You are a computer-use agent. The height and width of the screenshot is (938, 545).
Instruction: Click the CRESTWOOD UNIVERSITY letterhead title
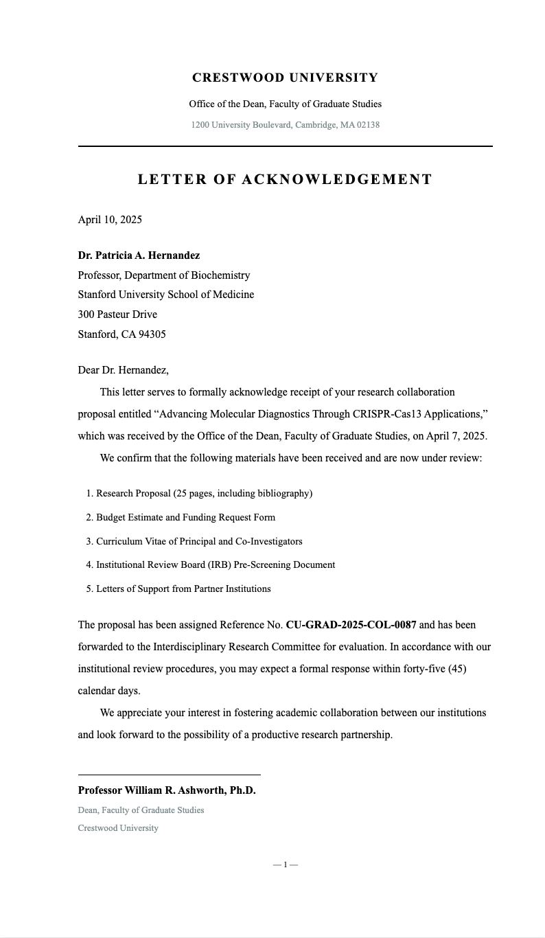point(285,78)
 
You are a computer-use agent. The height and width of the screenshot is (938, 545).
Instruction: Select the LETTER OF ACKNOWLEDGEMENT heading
point(285,179)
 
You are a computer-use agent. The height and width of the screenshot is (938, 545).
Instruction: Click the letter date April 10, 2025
point(110,220)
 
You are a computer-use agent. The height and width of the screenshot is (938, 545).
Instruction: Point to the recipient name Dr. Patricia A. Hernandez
point(139,255)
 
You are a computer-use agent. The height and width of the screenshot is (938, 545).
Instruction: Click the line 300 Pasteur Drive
point(117,314)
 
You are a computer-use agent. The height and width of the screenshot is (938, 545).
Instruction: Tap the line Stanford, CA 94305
point(121,334)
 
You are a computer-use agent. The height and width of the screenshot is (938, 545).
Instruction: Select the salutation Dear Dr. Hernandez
point(123,370)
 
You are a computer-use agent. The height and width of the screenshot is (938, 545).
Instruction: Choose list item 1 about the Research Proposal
point(204,494)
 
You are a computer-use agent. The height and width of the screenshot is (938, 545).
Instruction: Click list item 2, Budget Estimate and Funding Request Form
point(185,518)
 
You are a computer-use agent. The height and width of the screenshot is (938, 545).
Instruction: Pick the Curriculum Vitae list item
point(199,541)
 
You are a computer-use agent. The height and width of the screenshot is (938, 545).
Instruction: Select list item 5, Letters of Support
point(183,588)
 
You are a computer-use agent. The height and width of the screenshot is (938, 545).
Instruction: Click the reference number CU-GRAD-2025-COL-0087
point(351,625)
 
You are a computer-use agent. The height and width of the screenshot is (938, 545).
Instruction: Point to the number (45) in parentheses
point(457,669)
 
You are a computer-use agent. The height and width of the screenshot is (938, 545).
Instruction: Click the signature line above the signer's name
point(169,775)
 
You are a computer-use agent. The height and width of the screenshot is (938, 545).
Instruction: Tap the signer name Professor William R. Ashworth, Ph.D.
point(167,790)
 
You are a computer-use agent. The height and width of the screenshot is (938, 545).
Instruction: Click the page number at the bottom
point(285,865)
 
